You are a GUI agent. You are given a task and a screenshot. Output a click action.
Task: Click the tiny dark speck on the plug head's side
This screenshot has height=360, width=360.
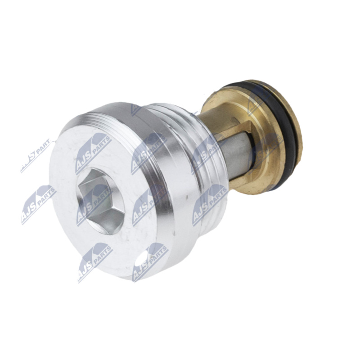click(188, 197)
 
